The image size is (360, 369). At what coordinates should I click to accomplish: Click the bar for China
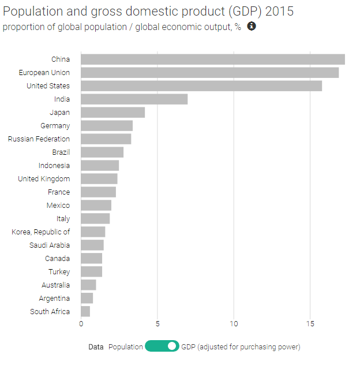click(212, 59)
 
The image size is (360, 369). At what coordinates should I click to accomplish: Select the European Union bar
click(209, 72)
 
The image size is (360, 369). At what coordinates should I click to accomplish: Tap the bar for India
click(134, 99)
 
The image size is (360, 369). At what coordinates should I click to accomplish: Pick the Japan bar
click(112, 112)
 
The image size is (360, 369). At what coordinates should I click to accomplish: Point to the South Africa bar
click(85, 311)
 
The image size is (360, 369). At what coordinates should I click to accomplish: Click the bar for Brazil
click(102, 152)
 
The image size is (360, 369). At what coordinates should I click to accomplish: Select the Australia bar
click(88, 285)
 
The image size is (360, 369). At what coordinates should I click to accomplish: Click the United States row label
click(48, 85)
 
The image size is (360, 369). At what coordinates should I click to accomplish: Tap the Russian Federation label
click(39, 139)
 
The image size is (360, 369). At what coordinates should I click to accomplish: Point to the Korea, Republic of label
click(40, 232)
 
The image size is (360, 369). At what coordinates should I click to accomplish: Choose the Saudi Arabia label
click(50, 245)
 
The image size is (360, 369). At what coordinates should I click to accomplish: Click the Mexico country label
click(58, 205)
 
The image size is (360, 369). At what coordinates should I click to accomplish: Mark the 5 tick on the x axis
click(157, 324)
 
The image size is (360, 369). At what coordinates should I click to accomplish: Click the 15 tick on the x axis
click(310, 324)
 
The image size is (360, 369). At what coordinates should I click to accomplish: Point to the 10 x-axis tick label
click(234, 324)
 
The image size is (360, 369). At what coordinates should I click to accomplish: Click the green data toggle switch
click(162, 346)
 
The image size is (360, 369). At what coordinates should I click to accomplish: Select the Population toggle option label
click(125, 347)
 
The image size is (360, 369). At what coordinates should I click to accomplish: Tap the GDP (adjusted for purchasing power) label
click(241, 347)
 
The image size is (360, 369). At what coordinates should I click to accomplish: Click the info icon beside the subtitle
click(252, 27)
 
